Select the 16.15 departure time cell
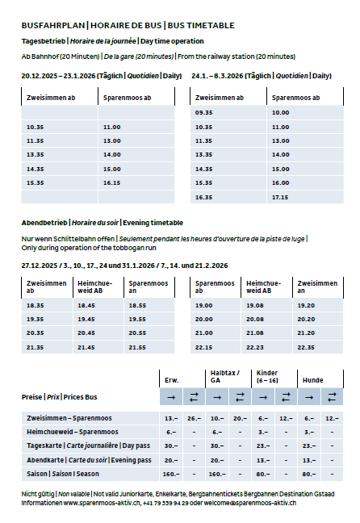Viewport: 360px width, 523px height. click(111, 182)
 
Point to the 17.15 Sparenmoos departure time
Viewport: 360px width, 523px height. click(280, 196)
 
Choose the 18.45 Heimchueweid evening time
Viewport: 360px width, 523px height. click(86, 305)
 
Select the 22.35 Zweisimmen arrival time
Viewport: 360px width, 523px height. click(306, 346)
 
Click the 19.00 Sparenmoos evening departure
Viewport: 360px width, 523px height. click(203, 305)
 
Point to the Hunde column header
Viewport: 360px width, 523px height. click(312, 379)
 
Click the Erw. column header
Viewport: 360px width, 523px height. click(171, 379)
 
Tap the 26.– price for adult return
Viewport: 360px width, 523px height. click(195, 418)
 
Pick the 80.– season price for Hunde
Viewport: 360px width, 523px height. click(309, 473)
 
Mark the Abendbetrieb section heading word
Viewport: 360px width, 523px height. click(44, 223)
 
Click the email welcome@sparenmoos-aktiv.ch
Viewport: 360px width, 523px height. click(252, 502)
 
